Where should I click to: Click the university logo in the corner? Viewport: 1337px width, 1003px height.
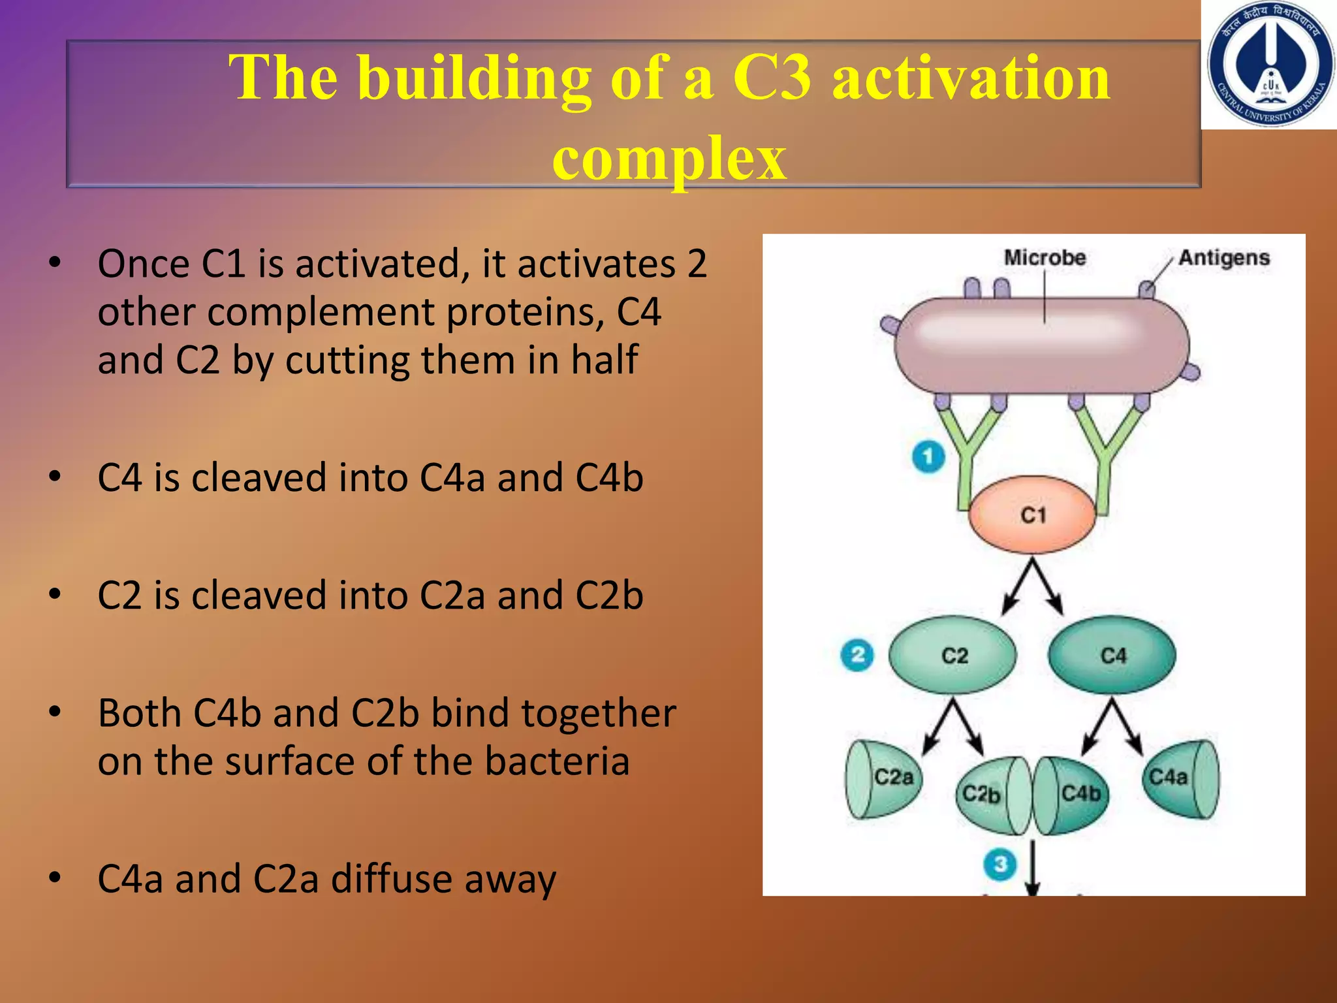pos(1270,65)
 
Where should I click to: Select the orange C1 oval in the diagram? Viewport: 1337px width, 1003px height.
pos(1032,515)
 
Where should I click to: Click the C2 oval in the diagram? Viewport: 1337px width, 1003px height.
pos(953,655)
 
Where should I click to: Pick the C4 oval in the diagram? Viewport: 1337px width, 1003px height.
pos(1112,655)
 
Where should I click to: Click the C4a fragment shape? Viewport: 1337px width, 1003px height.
pos(1179,778)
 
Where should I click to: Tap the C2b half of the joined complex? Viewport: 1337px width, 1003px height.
pos(986,795)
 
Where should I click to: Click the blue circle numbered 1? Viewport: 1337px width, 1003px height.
pos(928,456)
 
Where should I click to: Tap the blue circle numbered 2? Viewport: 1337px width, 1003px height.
pos(857,655)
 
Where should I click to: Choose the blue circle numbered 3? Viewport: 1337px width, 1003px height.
pos(1000,865)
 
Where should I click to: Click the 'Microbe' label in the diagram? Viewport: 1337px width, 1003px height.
pos(1045,258)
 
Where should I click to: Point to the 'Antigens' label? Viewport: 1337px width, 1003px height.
pos(1224,258)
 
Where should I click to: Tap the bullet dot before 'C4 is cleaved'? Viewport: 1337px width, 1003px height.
pos(55,477)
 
